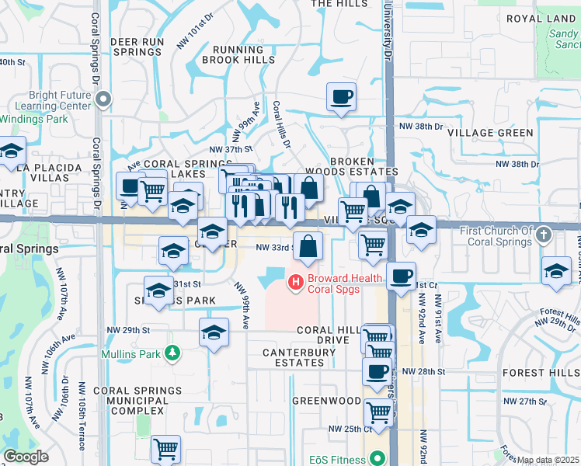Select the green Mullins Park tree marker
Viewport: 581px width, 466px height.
(170, 354)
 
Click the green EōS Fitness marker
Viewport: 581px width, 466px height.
(378, 458)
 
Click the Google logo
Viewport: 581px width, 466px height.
(26, 457)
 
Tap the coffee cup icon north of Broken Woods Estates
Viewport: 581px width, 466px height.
(341, 97)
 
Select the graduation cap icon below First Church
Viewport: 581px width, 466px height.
(556, 270)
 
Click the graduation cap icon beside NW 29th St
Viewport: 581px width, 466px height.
(214, 332)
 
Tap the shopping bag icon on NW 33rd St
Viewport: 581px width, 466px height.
(308, 246)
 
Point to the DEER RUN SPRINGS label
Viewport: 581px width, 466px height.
(135, 46)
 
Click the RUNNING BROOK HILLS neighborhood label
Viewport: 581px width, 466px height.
(238, 54)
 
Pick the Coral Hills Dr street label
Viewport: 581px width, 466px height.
(280, 124)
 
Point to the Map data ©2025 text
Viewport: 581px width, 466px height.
(547, 460)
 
